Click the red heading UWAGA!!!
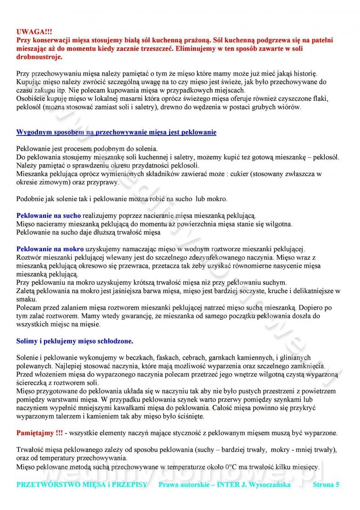(34, 32)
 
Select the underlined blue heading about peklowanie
(116, 132)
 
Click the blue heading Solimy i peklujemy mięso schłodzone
(75, 341)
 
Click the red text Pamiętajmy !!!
(40, 433)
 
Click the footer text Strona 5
(326, 485)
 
